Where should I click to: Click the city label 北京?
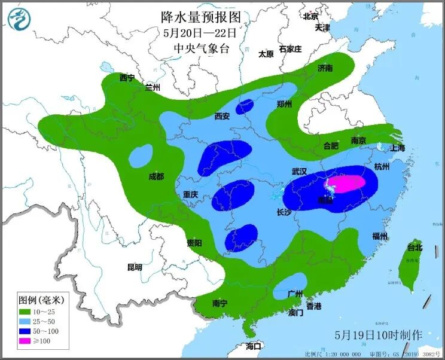point(310,17)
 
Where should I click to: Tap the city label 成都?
point(156,176)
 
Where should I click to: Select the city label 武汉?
point(299,172)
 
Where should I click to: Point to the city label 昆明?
point(135,267)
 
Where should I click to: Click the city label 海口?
point(254,346)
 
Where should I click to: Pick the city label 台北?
point(414,247)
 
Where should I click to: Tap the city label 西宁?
point(127,78)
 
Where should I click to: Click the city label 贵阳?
point(194,243)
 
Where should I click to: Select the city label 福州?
point(380,236)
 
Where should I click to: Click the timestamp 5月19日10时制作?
point(379,334)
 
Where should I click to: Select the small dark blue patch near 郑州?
point(244,107)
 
